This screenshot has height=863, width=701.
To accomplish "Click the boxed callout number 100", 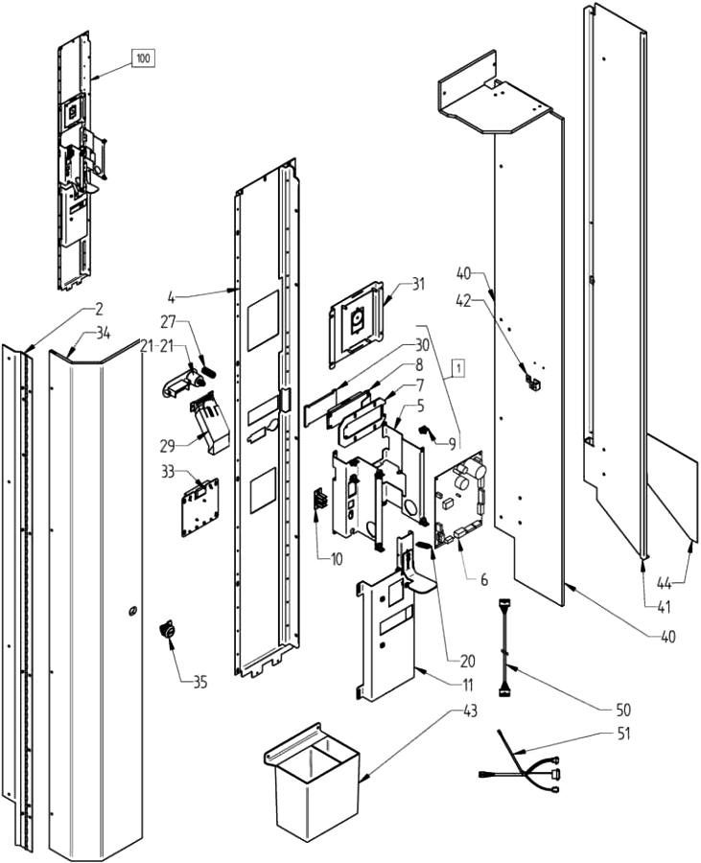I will coord(143,59).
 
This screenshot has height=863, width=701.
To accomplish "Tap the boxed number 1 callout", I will coord(458,366).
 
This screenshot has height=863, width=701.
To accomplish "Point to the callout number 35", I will coord(199,683).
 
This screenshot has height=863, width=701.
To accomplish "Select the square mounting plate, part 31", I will coord(358,322).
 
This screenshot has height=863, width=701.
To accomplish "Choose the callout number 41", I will coord(664,605).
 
